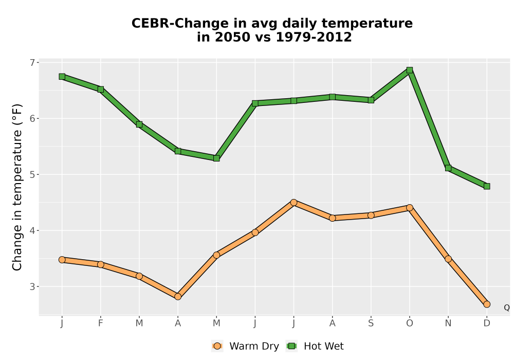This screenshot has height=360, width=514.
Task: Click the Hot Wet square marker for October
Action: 410,70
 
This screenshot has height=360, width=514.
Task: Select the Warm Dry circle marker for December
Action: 487,304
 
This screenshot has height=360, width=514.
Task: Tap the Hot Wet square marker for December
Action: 487,186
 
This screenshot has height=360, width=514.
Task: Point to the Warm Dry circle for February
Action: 101,264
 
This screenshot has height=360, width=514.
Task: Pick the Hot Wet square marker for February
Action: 101,89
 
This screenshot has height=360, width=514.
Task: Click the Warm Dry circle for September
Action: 371,215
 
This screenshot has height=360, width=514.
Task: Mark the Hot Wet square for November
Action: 448,168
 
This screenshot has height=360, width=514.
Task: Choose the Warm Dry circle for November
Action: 448,259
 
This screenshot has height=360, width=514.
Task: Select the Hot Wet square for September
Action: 371,100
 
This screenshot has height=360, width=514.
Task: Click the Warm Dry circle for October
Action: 410,208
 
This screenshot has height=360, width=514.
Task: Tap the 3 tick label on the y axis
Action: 32,286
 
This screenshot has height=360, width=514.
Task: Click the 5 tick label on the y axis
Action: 32,174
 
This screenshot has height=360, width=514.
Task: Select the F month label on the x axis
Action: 101,323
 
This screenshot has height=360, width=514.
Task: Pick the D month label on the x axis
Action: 487,323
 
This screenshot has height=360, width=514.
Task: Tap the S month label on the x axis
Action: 371,323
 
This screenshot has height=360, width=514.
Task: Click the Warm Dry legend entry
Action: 246,346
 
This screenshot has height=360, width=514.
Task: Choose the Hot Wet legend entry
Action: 315,346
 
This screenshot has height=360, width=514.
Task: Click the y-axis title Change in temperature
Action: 17,187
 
